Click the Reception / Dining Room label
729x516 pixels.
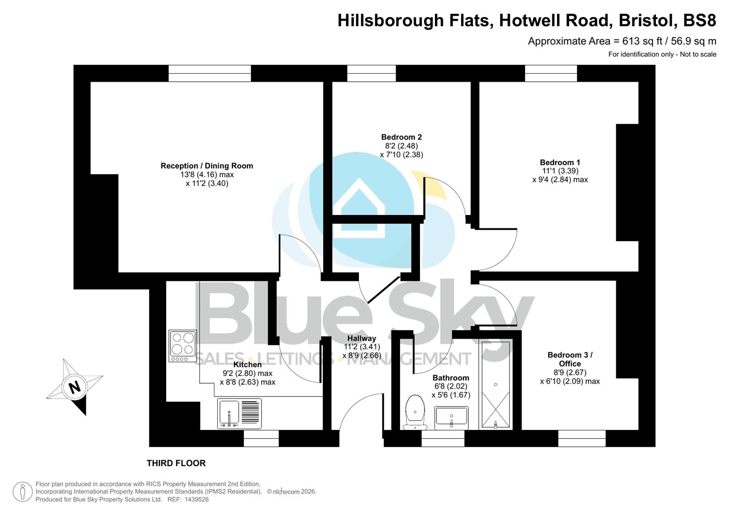(x=207, y=166)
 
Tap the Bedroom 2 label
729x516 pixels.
(x=401, y=137)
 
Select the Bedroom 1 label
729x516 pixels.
(x=560, y=162)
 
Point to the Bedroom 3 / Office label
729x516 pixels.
(x=570, y=359)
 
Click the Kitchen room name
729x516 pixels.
(x=247, y=365)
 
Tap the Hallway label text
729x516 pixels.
(x=361, y=338)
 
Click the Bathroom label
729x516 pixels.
(x=451, y=378)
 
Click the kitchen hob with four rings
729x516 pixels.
(x=183, y=345)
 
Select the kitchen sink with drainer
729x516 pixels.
(x=239, y=413)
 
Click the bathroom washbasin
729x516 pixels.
(x=451, y=418)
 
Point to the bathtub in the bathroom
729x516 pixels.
(x=496, y=385)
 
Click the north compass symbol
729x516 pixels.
(x=74, y=387)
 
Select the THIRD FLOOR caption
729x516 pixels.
(x=176, y=463)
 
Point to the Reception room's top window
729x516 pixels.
(x=210, y=73)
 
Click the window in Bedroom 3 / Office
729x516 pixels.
(x=581, y=438)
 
